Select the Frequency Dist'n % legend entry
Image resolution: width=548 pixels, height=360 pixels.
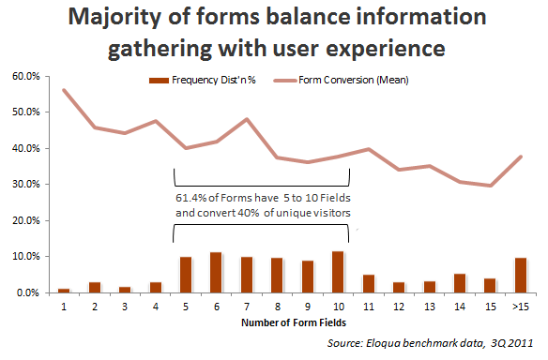point(201,80)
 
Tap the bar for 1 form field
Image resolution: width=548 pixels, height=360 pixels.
point(64,290)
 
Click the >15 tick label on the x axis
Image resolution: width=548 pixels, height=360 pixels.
point(521,307)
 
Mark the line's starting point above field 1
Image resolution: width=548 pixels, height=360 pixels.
point(64,90)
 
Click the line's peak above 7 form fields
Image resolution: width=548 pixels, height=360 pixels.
point(247,119)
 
